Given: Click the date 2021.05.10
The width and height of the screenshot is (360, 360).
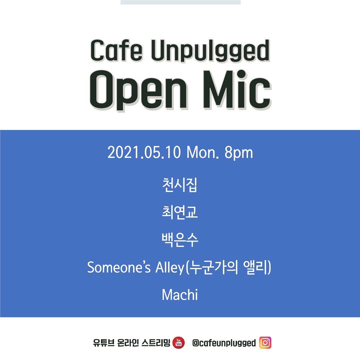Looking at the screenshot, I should pyautogui.click(x=144, y=153).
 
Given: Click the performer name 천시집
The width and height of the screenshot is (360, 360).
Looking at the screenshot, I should pyautogui.click(x=180, y=185).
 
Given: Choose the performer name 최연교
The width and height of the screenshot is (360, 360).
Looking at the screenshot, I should pyautogui.click(x=180, y=213).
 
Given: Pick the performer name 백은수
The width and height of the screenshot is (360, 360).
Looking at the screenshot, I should pyautogui.click(x=180, y=240).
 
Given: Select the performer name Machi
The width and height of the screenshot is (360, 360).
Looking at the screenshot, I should pyautogui.click(x=180, y=295).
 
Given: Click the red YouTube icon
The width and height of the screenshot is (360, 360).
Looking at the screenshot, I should pyautogui.click(x=179, y=343).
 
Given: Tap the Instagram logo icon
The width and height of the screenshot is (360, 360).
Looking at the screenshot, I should pyautogui.click(x=265, y=343).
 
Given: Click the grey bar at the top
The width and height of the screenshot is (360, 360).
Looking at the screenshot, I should pyautogui.click(x=180, y=2).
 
